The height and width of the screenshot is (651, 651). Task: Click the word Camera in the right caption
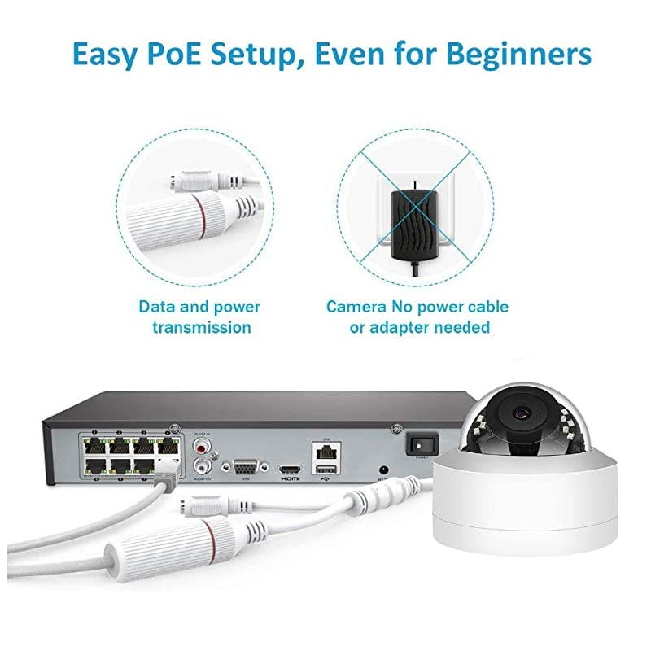[356, 307]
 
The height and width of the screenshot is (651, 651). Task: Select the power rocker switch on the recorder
[421, 443]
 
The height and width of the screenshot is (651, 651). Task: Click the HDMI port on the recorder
[290, 470]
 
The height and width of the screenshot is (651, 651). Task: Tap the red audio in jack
[200, 446]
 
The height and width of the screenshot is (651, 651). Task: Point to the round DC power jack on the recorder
[383, 470]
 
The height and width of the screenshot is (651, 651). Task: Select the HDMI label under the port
[290, 480]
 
